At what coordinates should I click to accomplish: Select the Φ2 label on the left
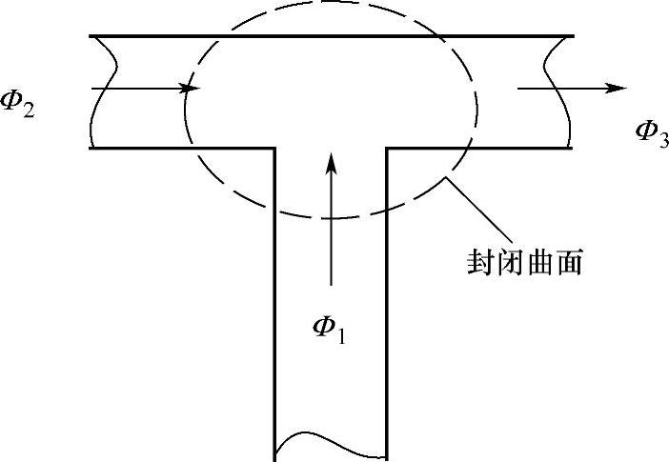(x=17, y=104)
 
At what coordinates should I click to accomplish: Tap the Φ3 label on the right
(x=652, y=133)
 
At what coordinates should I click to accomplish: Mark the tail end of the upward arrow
(x=331, y=285)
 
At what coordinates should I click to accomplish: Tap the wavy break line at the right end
(x=557, y=92)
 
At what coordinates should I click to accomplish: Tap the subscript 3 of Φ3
(x=663, y=139)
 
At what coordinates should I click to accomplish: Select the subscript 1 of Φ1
(x=340, y=335)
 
